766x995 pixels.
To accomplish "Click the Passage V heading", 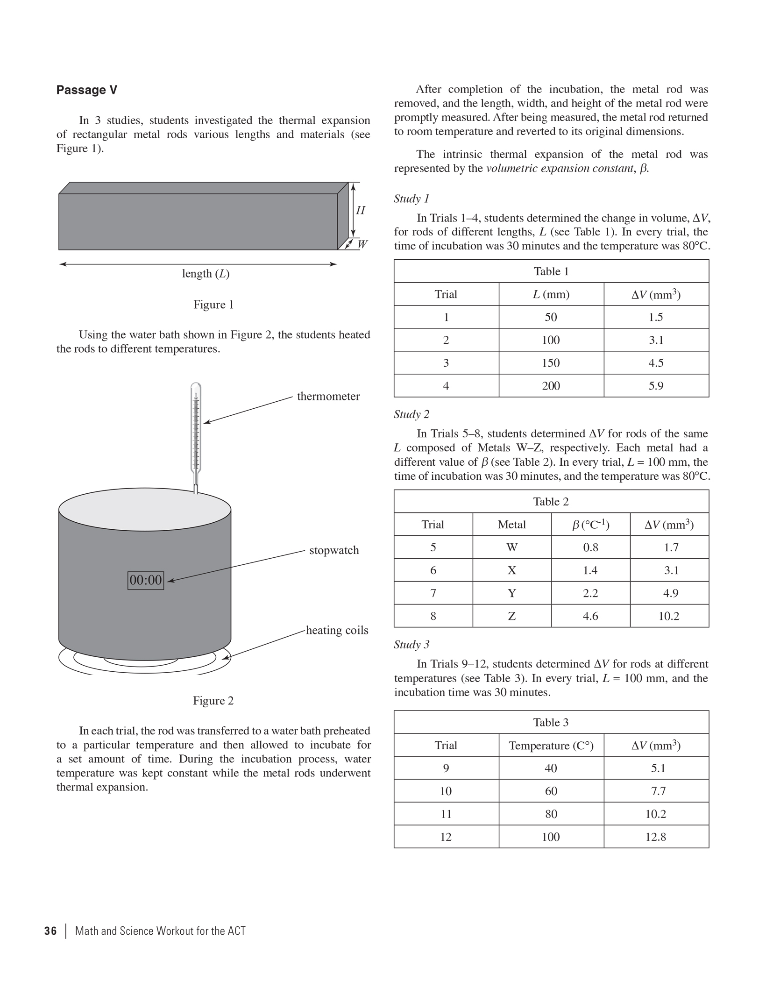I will [86, 90].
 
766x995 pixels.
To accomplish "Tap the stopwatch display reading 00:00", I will [146, 580].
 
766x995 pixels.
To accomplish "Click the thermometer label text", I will [328, 396].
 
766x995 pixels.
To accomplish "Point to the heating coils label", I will [337, 630].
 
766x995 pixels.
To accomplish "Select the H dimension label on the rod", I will [361, 211].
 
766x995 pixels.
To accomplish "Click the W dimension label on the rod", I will [362, 244].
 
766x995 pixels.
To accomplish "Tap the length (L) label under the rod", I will [206, 274].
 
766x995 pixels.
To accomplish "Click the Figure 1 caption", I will [213, 305].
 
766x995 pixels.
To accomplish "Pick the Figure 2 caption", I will [213, 701].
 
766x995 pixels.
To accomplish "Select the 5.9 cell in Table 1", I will [656, 386].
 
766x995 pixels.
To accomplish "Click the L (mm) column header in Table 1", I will [551, 294].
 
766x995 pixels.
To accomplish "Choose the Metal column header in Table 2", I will [511, 525].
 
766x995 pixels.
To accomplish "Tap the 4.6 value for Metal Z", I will [590, 616].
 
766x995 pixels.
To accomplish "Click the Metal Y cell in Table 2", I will [512, 593].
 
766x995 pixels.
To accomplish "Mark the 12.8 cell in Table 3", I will [656, 837].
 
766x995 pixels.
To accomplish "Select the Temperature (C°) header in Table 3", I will [551, 746].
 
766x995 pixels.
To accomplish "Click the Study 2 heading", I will [411, 414].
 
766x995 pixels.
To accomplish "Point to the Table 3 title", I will [551, 723].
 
